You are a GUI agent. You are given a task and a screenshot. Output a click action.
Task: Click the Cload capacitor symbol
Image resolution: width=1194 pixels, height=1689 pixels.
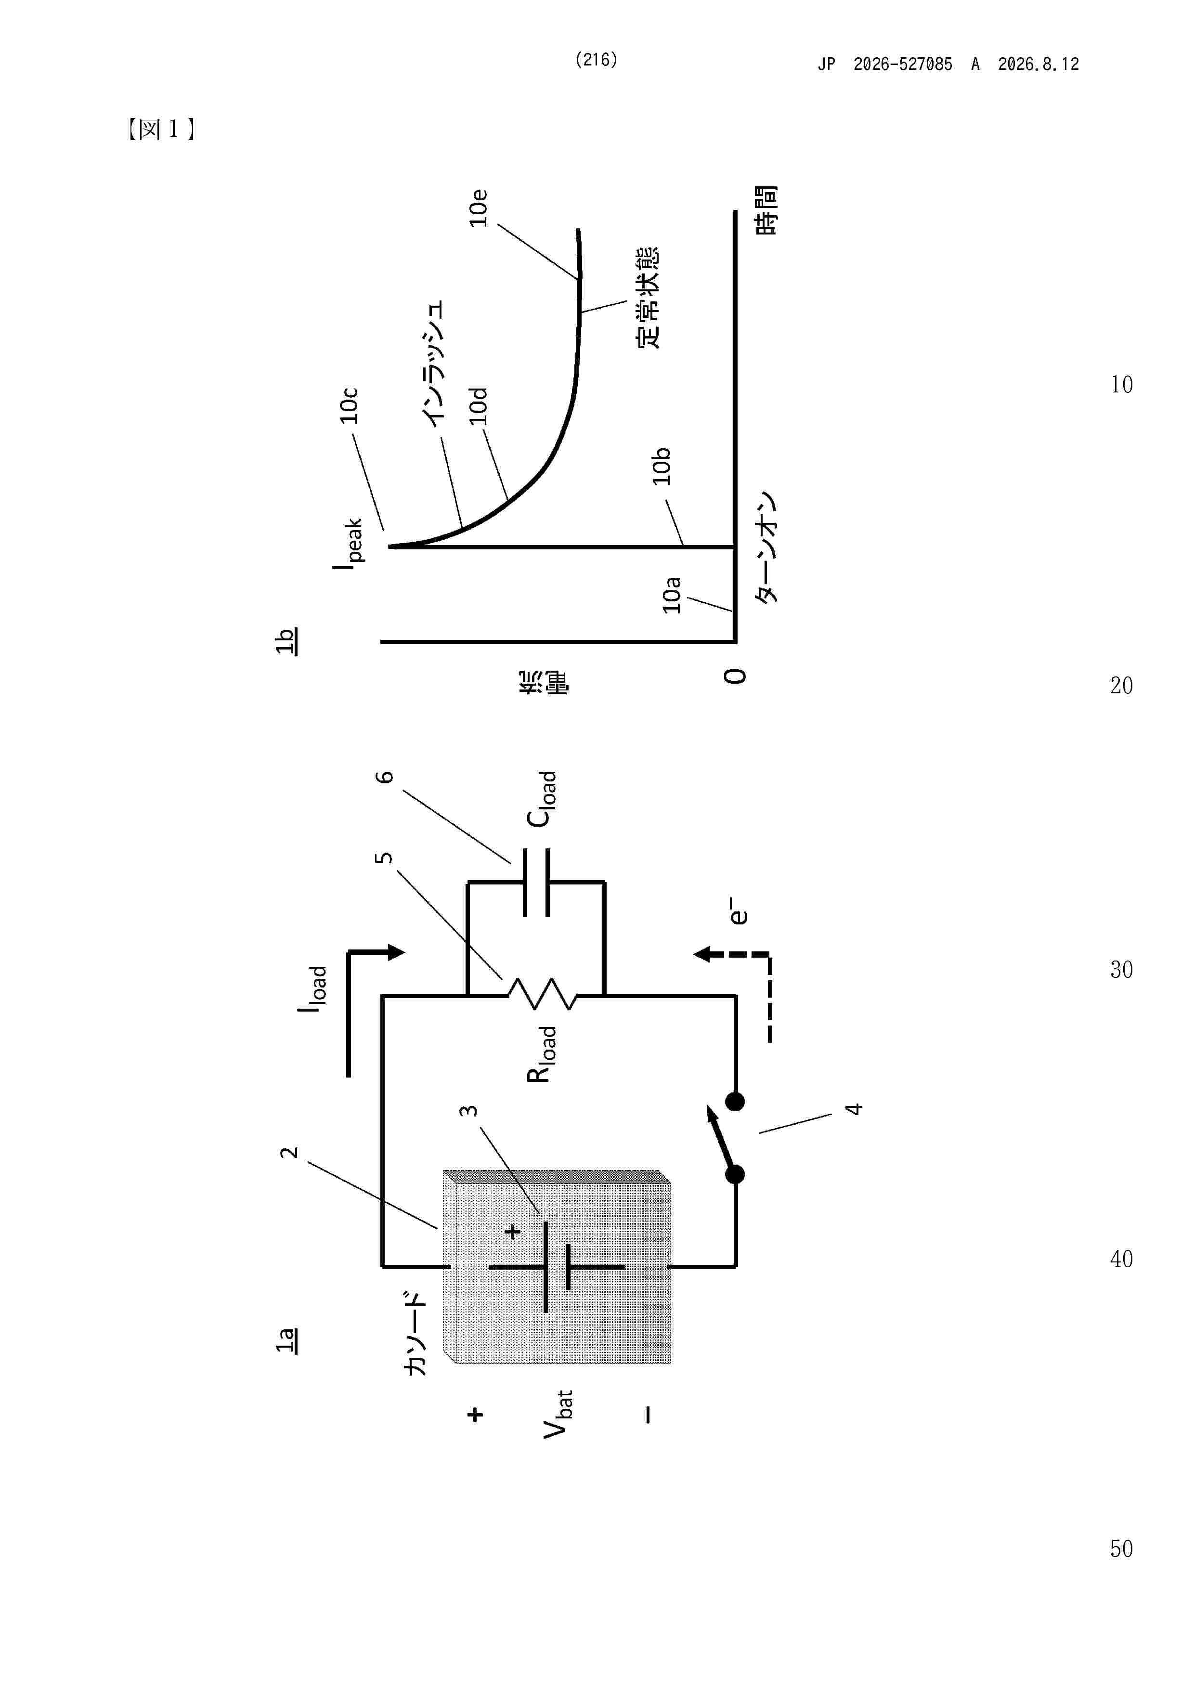[x=535, y=881]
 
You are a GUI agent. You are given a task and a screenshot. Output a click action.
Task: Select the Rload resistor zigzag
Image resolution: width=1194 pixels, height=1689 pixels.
[x=542, y=995]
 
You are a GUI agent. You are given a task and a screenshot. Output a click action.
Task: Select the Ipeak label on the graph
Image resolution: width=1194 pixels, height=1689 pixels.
[x=347, y=542]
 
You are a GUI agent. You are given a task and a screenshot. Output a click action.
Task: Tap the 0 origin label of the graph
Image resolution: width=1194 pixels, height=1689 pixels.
[x=735, y=676]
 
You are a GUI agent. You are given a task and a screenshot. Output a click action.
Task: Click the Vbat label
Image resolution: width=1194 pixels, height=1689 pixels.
[x=558, y=1414]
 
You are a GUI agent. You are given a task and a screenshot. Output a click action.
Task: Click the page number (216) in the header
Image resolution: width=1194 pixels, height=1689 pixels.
[x=596, y=60]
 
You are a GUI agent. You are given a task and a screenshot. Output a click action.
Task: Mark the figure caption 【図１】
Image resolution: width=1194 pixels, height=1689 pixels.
[x=160, y=130]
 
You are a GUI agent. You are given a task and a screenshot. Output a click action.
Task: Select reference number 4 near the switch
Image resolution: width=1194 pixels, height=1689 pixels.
[x=854, y=1109]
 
